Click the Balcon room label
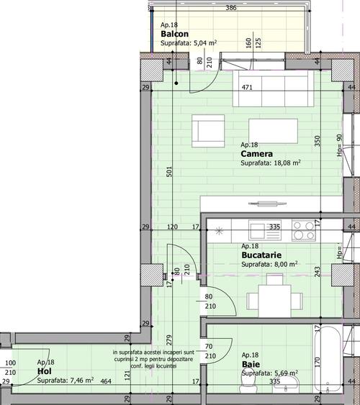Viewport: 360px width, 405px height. coord(174,34)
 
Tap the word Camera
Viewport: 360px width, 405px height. coord(256,154)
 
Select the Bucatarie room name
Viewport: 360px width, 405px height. coord(261,255)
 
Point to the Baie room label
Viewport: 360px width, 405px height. coord(251,365)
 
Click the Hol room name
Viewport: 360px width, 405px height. coord(45,371)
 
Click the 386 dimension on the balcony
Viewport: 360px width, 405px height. coord(231,8)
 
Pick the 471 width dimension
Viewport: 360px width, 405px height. coord(247,87)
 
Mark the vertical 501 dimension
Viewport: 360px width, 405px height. coord(168,171)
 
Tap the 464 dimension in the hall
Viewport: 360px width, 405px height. coord(106,381)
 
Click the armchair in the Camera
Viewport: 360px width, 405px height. coord(208,131)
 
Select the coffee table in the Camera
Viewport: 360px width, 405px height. coord(273,131)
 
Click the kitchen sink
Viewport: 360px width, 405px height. coord(265,230)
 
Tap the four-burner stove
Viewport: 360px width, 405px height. coord(304,230)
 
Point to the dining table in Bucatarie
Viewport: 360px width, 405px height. coord(275,301)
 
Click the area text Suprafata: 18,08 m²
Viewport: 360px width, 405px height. coord(271,163)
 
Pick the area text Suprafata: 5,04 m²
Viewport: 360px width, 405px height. coord(189,43)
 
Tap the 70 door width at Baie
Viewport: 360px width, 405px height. coord(209,346)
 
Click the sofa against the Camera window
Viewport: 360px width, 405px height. coord(273,88)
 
